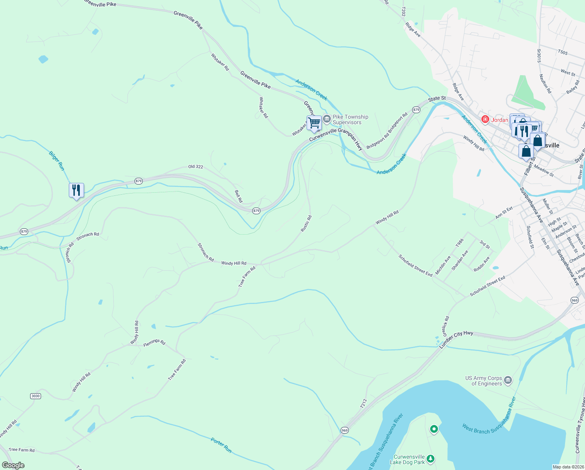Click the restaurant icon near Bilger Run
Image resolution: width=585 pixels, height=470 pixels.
(x=76, y=190)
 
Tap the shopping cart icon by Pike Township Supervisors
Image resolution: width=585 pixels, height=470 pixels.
(x=314, y=123)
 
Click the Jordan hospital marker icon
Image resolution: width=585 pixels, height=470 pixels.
(x=485, y=119)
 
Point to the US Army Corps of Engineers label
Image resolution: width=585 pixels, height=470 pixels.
(x=483, y=381)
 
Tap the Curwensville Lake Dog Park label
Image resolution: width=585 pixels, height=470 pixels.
(x=409, y=459)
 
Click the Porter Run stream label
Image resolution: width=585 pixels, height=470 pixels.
(x=221, y=445)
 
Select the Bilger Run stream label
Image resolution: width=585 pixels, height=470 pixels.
(x=56, y=161)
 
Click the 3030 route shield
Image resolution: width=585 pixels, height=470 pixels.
(x=36, y=396)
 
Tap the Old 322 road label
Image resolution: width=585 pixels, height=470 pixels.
(x=196, y=167)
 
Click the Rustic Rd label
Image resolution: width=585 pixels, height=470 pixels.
(x=306, y=224)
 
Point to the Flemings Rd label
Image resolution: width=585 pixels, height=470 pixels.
(x=154, y=342)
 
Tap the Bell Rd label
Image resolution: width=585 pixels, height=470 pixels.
(x=239, y=196)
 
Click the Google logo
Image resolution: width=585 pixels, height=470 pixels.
(x=13, y=465)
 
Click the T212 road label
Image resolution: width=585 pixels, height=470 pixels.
(x=364, y=404)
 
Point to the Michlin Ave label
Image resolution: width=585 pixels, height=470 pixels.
(x=443, y=265)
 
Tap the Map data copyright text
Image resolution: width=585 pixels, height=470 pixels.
(x=567, y=467)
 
